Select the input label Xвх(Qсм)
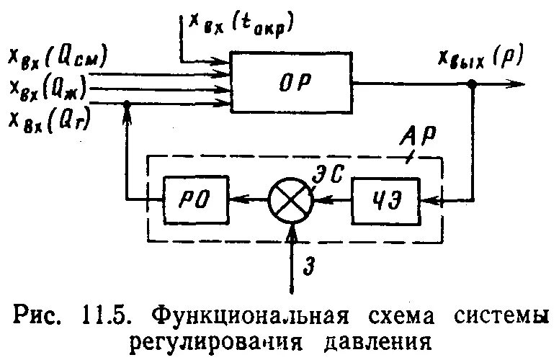click(x=58, y=57)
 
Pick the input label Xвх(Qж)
click(x=49, y=88)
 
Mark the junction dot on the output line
click(x=472, y=84)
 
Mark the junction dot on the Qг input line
click(x=127, y=105)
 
